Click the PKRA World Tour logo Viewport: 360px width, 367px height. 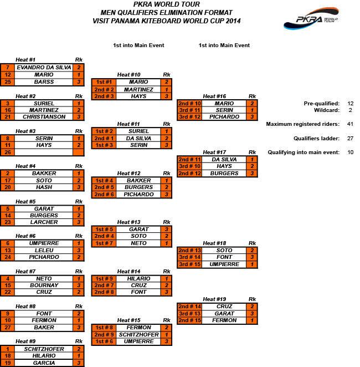pyautogui.click(x=311, y=18)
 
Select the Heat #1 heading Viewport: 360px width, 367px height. pyautogui.click(x=25, y=60)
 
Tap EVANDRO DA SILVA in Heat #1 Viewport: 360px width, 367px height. pyautogui.click(x=44, y=68)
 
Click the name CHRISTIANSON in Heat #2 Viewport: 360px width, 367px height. pyautogui.click(x=44, y=117)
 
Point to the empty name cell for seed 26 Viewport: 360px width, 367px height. pyautogui.click(x=44, y=152)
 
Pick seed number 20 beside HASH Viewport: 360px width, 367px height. pyautogui.click(x=8, y=187)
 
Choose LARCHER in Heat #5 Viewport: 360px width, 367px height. pyautogui.click(x=44, y=222)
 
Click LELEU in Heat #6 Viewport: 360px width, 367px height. pyautogui.click(x=44, y=250)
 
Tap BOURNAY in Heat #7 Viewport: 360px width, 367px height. pyautogui.click(x=44, y=286)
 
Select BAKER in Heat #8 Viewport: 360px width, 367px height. pyautogui.click(x=44, y=328)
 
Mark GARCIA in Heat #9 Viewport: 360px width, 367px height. pyautogui.click(x=44, y=363)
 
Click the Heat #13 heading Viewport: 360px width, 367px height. pyautogui.click(x=128, y=222)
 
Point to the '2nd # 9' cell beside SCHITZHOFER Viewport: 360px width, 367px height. pyautogui.click(x=104, y=335)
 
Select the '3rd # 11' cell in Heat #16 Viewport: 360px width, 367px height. pyautogui.click(x=189, y=110)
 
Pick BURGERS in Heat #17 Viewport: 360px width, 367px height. pyautogui.click(x=224, y=174)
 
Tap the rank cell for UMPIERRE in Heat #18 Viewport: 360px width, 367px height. pyautogui.click(x=252, y=264)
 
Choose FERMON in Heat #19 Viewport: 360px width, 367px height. pyautogui.click(x=224, y=320)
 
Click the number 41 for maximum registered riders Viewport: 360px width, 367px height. pyautogui.click(x=350, y=124)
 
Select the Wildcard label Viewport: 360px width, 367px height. pyautogui.click(x=326, y=110)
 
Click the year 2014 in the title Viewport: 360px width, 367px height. pyautogui.click(x=233, y=21)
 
